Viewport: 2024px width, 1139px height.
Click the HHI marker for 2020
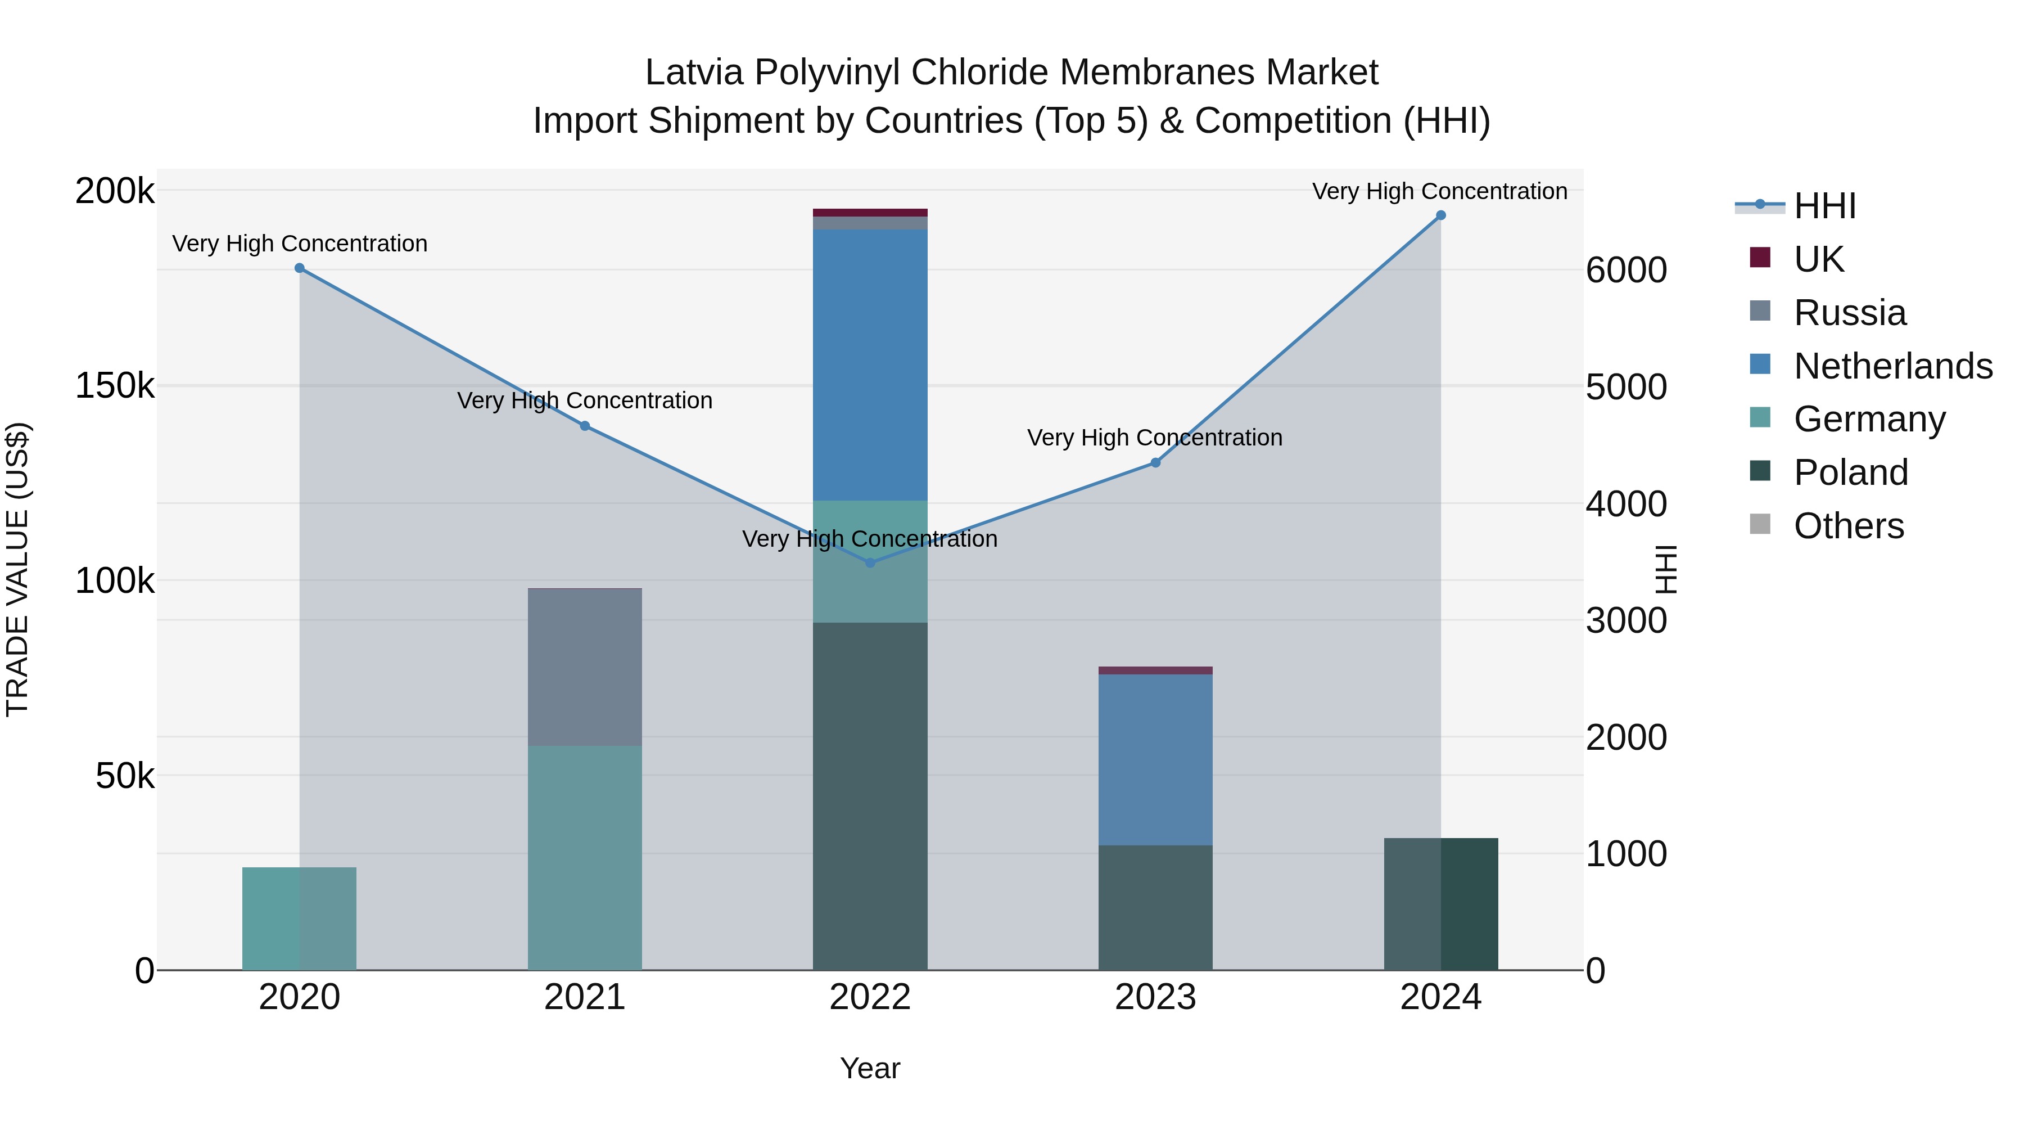point(299,268)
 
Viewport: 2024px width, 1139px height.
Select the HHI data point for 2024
point(1440,215)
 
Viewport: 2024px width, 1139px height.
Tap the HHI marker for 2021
point(585,426)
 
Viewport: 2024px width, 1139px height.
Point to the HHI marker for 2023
point(1155,463)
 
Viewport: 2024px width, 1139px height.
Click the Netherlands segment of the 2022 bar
point(870,364)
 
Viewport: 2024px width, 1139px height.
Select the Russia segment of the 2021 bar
point(585,667)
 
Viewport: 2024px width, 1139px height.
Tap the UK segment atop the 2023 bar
point(1155,670)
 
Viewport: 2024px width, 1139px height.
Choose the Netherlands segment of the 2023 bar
point(1155,759)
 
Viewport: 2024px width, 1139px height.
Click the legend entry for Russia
point(1850,313)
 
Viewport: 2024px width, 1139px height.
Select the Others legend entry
point(1848,526)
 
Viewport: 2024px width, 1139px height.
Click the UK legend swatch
point(1760,258)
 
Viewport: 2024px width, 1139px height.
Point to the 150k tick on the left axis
point(115,386)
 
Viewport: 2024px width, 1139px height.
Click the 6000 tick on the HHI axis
point(1625,271)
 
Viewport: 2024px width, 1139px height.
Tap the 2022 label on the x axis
point(870,997)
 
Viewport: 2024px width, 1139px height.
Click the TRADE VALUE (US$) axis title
point(17,569)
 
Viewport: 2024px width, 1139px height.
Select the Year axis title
point(870,1068)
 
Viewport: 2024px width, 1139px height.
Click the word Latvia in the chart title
point(694,73)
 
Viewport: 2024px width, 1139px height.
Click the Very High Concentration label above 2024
point(1439,191)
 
